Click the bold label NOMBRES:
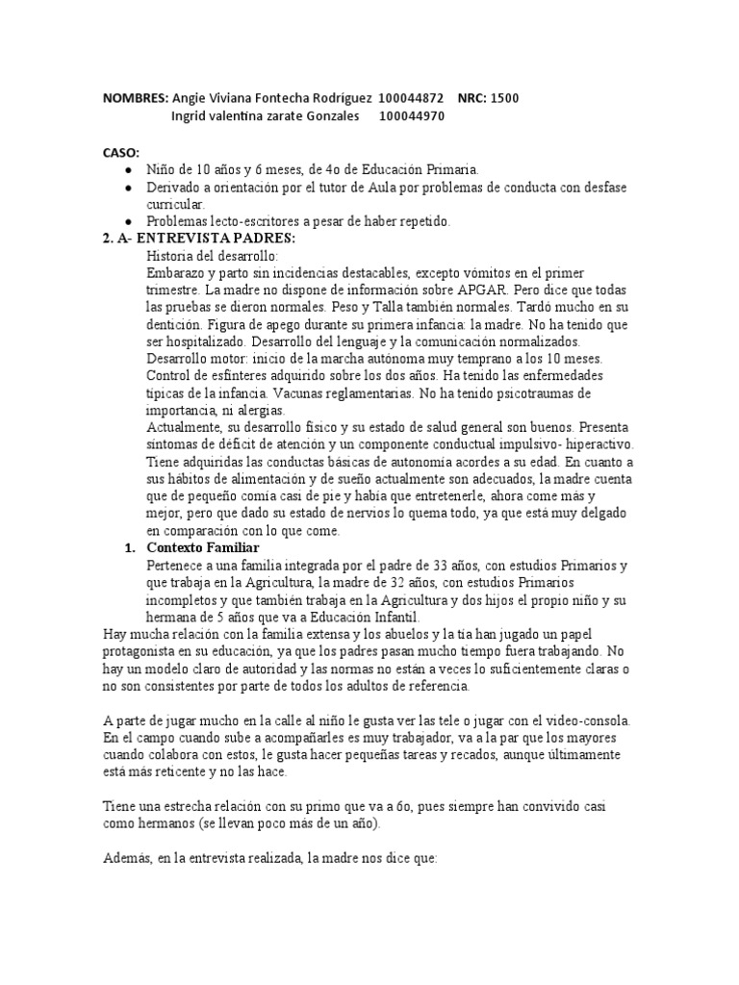click(135, 98)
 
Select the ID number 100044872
click(411, 98)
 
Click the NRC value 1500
click(506, 98)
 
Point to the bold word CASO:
click(121, 152)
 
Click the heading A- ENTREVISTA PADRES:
click(196, 239)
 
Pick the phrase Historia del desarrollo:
click(212, 256)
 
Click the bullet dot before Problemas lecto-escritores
click(129, 221)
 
